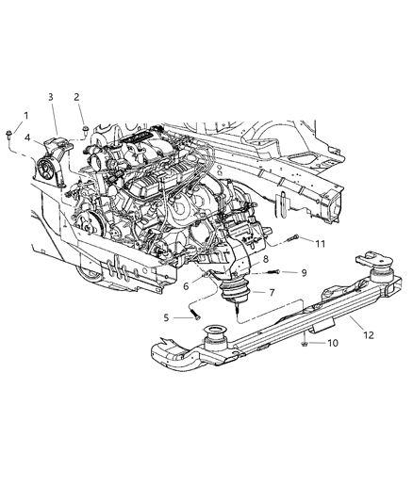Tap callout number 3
click(51, 97)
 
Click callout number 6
click(187, 287)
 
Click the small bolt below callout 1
click(8, 131)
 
